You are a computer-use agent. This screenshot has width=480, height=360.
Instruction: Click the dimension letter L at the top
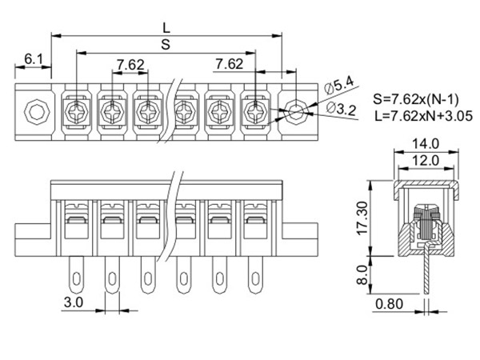point(166,27)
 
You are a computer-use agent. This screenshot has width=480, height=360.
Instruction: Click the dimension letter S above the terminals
point(166,46)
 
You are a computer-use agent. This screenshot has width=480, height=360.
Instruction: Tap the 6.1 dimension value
point(34,60)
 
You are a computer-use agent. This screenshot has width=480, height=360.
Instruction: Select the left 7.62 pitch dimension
point(129,64)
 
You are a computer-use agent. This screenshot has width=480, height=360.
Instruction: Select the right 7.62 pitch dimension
point(230,64)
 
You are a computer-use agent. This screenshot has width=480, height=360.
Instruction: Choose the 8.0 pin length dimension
point(362,274)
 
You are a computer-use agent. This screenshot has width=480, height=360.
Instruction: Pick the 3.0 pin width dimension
point(73,303)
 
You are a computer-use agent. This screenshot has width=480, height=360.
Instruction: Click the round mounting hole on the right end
point(296,110)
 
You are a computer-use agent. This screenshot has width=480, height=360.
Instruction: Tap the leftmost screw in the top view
point(78,110)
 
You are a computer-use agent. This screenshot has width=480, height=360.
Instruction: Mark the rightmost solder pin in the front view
point(255,274)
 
